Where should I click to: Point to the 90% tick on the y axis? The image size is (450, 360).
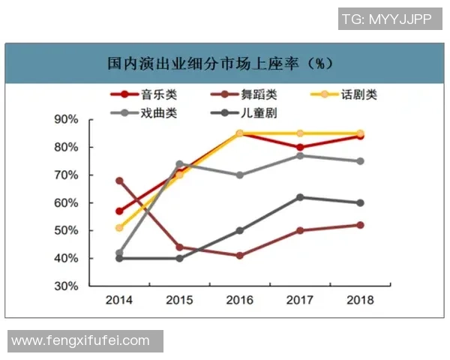click(x=66, y=119)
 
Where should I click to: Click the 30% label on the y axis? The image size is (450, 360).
click(x=66, y=286)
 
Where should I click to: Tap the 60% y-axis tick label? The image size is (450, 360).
click(x=66, y=202)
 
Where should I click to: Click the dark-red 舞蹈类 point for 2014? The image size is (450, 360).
click(x=119, y=181)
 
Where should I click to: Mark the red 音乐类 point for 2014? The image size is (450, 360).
click(x=119, y=211)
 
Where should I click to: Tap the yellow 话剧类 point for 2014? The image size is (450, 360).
click(x=119, y=227)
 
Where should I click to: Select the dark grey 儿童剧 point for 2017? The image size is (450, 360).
click(x=300, y=197)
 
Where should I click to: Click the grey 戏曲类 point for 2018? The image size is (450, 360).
click(x=360, y=161)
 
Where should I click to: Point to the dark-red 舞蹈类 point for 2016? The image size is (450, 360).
click(x=239, y=256)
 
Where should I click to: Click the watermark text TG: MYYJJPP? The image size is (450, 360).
click(x=386, y=19)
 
